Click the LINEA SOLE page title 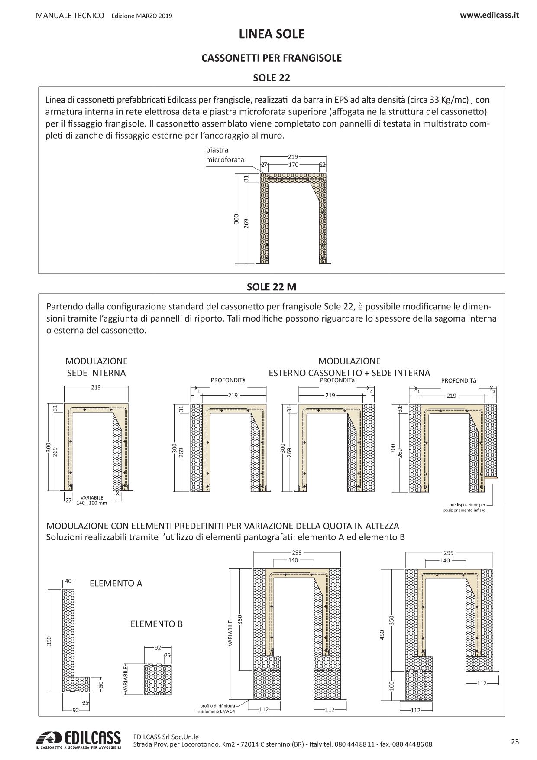[272, 34]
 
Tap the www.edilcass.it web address [489, 15]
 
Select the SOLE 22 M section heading [272, 287]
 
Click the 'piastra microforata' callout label [225, 155]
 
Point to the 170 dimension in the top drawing [293, 165]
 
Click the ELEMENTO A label [116, 583]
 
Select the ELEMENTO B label [156, 624]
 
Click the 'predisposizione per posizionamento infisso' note [464, 507]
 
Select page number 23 [514, 742]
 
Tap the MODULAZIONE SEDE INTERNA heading [96, 367]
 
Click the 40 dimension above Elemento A [68, 581]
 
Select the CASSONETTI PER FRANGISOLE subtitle [272, 58]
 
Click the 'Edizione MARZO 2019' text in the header [142, 16]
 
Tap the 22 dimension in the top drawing [322, 165]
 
